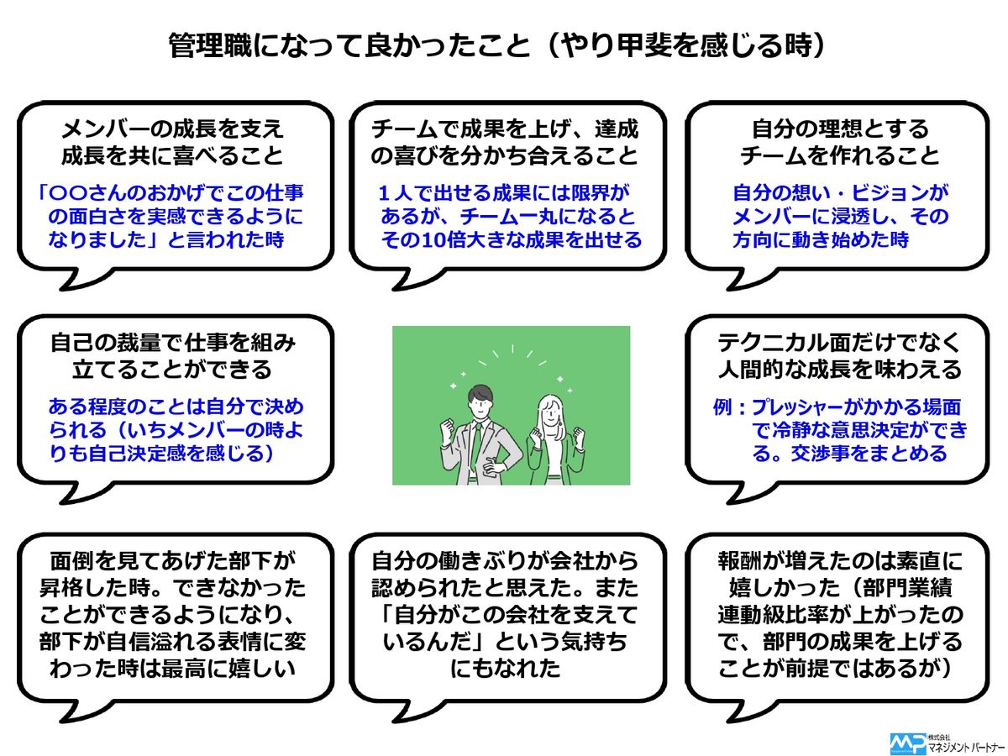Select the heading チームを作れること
pyautogui.click(x=839, y=155)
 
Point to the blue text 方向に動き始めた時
pyautogui.click(x=821, y=240)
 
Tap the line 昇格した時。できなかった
pyautogui.click(x=172, y=589)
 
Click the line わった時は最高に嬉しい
pyautogui.click(x=172, y=669)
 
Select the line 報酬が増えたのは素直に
pyautogui.click(x=839, y=562)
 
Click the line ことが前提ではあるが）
pyautogui.click(x=839, y=669)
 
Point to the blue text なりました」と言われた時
pyautogui.click(x=172, y=240)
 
